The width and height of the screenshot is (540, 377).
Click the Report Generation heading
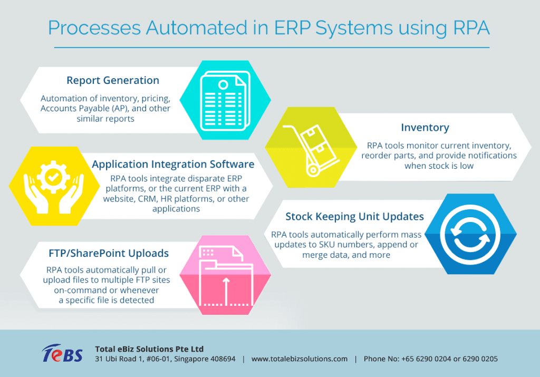[x=113, y=81]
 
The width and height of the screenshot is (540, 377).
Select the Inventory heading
[x=425, y=128]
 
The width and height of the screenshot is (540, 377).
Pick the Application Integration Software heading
[x=173, y=165]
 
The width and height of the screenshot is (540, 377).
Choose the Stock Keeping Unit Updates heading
[x=355, y=216]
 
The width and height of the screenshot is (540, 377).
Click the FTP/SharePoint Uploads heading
[x=107, y=253]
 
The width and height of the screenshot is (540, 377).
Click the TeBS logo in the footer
[x=62, y=354]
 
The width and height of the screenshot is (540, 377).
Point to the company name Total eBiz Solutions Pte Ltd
[x=149, y=349]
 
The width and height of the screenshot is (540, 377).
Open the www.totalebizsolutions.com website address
[x=300, y=359]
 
